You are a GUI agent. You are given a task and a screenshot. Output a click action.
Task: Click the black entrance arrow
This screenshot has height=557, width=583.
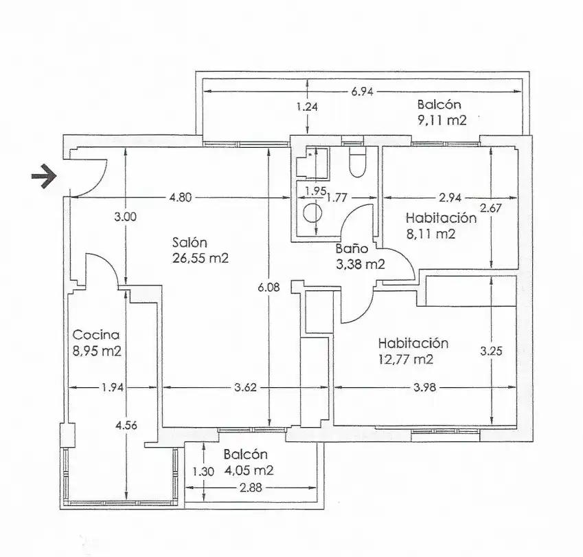click(x=44, y=176)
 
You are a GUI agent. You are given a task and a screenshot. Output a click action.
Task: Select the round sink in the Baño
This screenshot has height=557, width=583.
click(x=312, y=213)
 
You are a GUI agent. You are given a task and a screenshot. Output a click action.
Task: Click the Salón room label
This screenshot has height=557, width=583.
click(x=190, y=243)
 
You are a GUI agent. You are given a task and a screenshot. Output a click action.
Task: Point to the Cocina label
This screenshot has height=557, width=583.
click(x=96, y=335)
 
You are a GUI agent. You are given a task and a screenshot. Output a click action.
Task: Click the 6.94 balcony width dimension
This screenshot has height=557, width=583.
click(x=362, y=91)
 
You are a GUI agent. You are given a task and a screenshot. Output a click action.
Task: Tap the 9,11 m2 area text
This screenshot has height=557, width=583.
click(x=442, y=120)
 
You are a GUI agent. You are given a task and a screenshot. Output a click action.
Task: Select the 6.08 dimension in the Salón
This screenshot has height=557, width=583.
click(x=268, y=287)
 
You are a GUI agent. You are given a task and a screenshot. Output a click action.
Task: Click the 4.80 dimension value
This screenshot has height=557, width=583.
click(x=181, y=197)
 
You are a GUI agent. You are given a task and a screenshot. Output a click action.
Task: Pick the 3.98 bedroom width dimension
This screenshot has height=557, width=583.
click(x=424, y=388)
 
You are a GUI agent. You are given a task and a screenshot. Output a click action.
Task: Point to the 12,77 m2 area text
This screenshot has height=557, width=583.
click(x=406, y=360)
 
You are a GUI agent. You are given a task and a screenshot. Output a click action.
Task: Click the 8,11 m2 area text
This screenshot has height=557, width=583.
click(x=431, y=234)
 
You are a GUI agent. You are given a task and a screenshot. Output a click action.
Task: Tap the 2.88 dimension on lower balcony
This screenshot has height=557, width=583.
click(x=251, y=488)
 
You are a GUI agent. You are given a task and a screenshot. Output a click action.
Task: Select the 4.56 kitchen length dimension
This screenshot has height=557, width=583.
click(x=126, y=425)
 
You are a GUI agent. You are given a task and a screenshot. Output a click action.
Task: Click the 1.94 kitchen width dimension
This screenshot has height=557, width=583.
click(x=113, y=388)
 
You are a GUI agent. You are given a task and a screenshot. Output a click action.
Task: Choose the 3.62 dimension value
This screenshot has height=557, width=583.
click(x=245, y=388)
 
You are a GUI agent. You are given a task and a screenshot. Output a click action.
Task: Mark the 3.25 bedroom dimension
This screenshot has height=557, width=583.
click(x=491, y=351)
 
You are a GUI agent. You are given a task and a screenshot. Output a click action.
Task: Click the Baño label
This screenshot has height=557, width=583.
click(x=352, y=248)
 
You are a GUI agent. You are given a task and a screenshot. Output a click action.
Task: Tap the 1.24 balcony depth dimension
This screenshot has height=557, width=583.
click(x=307, y=107)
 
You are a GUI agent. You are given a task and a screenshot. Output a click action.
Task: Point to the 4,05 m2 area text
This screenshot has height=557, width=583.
click(x=249, y=470)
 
